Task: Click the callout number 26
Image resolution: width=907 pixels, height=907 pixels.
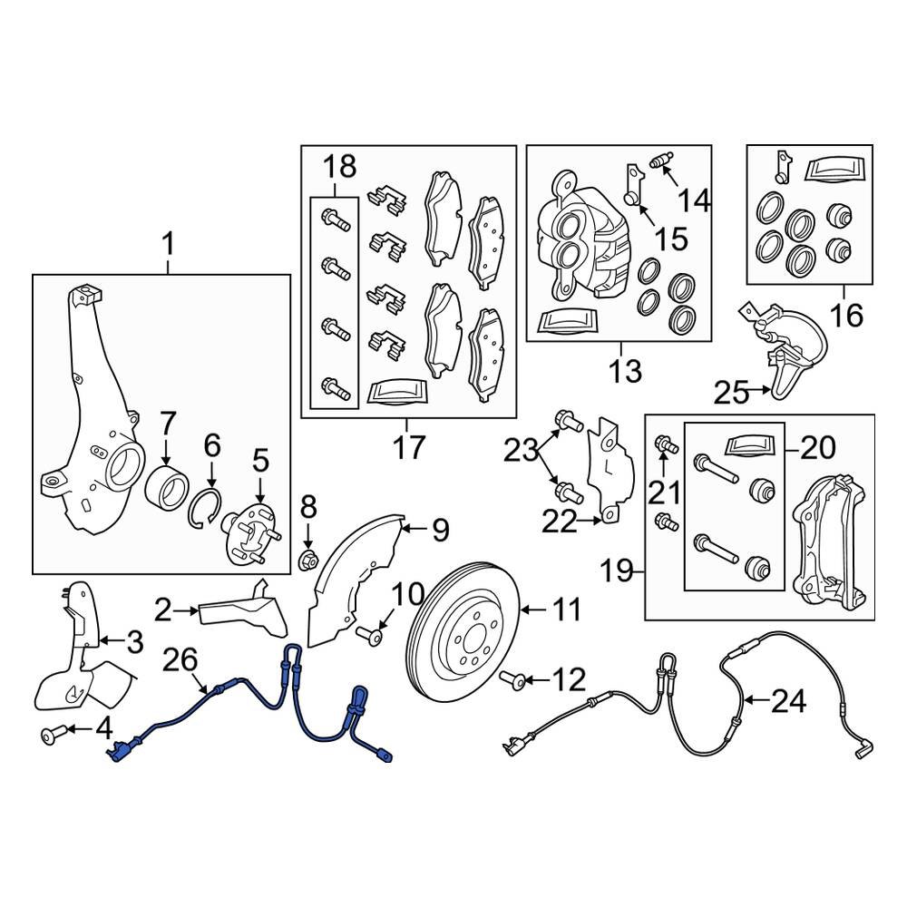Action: tap(179, 663)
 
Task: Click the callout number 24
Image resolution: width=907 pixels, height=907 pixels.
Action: tap(787, 699)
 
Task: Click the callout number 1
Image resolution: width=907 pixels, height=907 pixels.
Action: tap(168, 244)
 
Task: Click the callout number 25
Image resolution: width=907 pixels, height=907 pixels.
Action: tap(730, 393)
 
